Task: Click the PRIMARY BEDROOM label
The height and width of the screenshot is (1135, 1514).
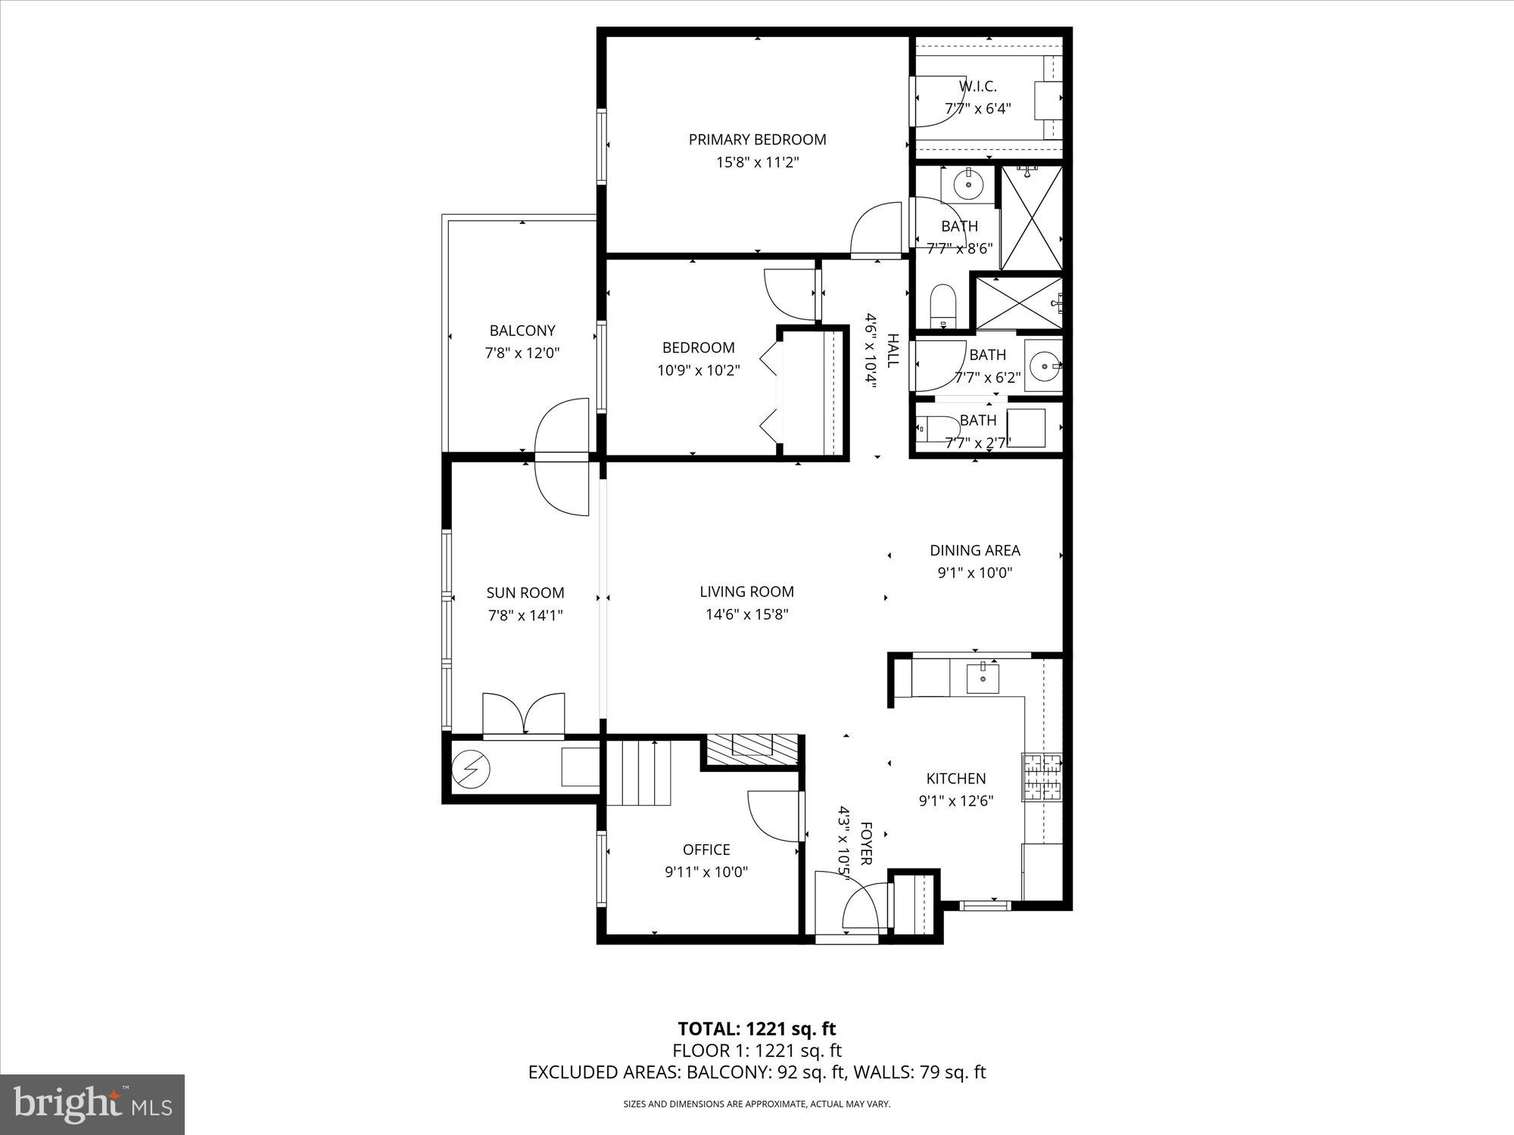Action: tap(757, 139)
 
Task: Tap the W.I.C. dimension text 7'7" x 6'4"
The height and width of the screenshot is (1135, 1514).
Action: tap(977, 108)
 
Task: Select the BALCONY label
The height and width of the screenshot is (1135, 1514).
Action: tap(522, 331)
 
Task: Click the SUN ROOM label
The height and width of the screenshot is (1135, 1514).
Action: tap(525, 592)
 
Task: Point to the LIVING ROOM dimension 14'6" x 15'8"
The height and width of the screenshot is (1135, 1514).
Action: tap(747, 614)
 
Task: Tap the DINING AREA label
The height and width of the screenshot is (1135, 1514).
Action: tap(975, 550)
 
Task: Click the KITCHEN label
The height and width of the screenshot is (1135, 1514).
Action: tap(956, 778)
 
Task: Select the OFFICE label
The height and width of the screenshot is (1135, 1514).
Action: tap(706, 850)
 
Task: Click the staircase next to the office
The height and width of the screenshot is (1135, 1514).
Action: tap(640, 773)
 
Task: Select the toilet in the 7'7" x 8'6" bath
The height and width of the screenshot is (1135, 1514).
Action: tap(943, 304)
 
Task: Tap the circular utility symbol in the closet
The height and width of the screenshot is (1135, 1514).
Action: tap(471, 770)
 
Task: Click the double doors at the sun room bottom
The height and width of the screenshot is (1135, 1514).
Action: tap(524, 715)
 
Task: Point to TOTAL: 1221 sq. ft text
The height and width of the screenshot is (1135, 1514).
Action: tap(756, 1029)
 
